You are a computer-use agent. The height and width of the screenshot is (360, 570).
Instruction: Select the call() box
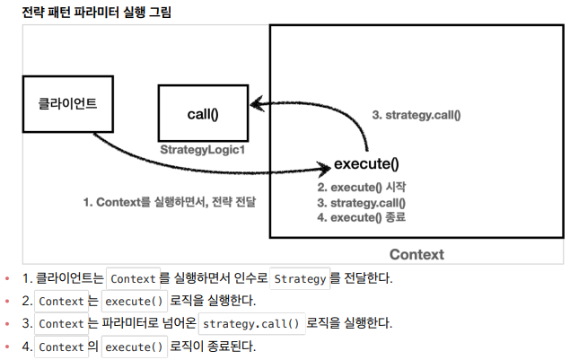[x=203, y=114]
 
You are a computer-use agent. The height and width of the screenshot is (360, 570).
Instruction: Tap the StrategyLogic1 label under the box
[x=203, y=150]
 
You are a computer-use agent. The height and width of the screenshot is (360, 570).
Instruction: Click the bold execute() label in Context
[x=366, y=164]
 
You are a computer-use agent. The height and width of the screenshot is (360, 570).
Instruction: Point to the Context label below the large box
[x=416, y=254]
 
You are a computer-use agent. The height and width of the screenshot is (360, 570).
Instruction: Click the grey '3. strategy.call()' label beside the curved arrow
[x=416, y=115]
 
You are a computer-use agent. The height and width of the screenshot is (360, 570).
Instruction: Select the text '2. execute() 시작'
[x=363, y=188]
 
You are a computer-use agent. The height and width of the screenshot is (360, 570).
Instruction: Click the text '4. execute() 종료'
[x=363, y=218]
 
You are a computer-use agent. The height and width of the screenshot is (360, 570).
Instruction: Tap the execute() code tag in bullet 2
[x=132, y=301]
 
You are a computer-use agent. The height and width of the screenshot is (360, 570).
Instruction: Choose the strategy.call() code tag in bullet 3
[x=251, y=323]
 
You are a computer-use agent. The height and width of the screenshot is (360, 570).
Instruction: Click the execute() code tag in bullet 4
[x=132, y=346]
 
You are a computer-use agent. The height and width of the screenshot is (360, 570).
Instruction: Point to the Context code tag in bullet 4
[x=62, y=346]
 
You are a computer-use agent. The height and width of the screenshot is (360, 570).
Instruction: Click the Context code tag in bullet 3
[x=62, y=323]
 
